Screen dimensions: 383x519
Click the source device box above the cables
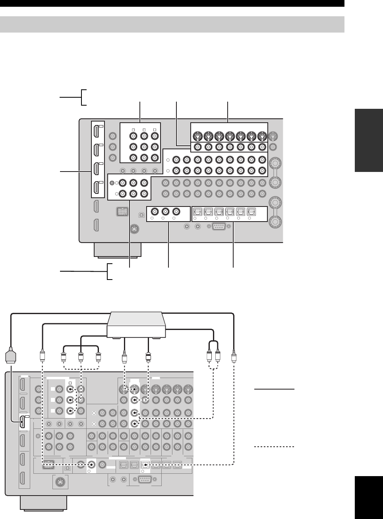click(136, 324)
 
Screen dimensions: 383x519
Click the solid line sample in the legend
click(274, 390)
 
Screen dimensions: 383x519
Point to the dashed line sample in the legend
click(274, 447)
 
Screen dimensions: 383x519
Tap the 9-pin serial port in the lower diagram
click(147, 480)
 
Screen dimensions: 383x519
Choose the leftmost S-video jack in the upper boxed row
click(197, 136)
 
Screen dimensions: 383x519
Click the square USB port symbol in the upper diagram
click(141, 215)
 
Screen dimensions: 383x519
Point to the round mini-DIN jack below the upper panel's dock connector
click(135, 229)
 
